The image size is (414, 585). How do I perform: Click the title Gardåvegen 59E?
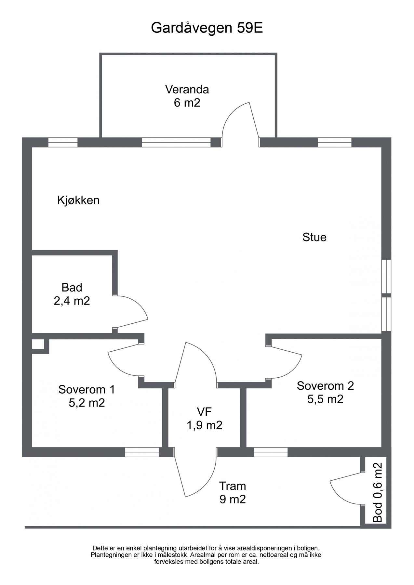coord(207,28)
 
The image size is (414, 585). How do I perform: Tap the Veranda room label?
coord(187,89)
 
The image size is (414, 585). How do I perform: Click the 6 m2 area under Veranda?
coord(187,103)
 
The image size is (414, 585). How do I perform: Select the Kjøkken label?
coord(78,200)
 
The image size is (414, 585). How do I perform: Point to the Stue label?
coord(314,237)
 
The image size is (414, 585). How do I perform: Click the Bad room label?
coord(72,288)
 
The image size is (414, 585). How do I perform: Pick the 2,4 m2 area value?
coord(72,301)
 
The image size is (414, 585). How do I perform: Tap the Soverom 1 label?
coord(87,389)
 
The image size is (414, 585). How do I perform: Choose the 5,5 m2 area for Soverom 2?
coord(325,399)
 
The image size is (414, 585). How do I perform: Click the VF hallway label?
coord(204,412)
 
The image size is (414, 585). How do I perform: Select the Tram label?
coord(232,486)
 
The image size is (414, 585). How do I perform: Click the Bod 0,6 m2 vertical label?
coord(378,492)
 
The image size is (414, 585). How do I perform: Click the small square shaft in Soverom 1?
coord(38,344)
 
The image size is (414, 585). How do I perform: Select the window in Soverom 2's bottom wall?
coord(271,452)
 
